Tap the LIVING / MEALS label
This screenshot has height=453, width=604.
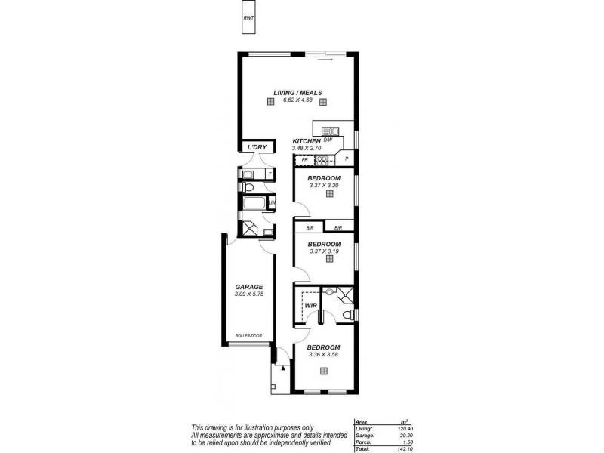coord(297,93)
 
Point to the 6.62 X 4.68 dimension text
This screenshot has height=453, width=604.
coord(297,100)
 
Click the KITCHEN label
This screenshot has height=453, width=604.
coord(307,142)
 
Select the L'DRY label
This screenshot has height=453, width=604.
coord(257,147)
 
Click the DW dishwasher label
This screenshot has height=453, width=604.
coord(328,140)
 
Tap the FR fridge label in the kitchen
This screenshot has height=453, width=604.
coord(304,160)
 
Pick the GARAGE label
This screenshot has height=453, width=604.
coord(249,287)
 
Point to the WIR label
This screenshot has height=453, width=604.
coord(310,306)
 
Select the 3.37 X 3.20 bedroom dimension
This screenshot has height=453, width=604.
coord(324,184)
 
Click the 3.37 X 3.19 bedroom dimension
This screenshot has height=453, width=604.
coord(324,251)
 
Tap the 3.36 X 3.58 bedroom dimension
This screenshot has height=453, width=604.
coord(324,354)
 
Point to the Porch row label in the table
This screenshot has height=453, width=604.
coord(362,442)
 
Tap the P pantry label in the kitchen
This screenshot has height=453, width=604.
coord(347,159)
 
